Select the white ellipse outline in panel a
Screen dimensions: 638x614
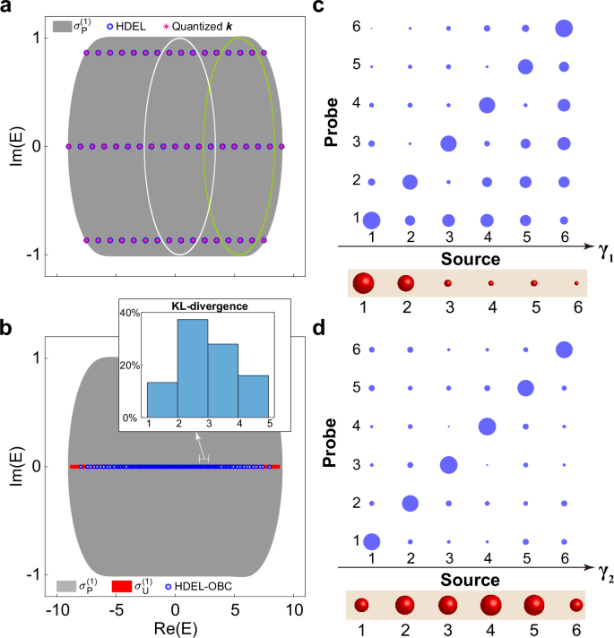coord(146,143)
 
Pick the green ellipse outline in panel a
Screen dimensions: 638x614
coord(203,143)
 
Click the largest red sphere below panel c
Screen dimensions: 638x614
coord(364,283)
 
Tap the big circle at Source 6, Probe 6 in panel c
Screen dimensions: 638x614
coord(564,29)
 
